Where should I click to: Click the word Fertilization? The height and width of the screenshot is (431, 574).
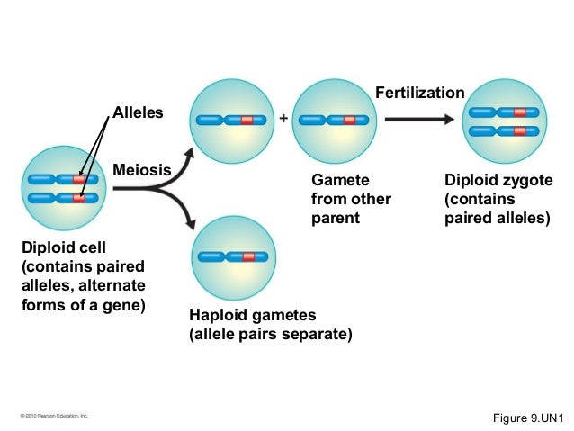click(419, 93)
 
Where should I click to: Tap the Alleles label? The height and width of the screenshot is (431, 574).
click(137, 112)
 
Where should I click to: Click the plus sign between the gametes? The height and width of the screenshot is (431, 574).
click(283, 119)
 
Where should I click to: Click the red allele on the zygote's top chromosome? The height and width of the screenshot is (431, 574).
click(519, 113)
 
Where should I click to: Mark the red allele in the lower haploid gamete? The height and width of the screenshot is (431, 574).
click(249, 257)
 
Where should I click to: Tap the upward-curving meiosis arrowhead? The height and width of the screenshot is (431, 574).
click(189, 155)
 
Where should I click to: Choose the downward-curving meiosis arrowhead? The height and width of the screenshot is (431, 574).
click(189, 221)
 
